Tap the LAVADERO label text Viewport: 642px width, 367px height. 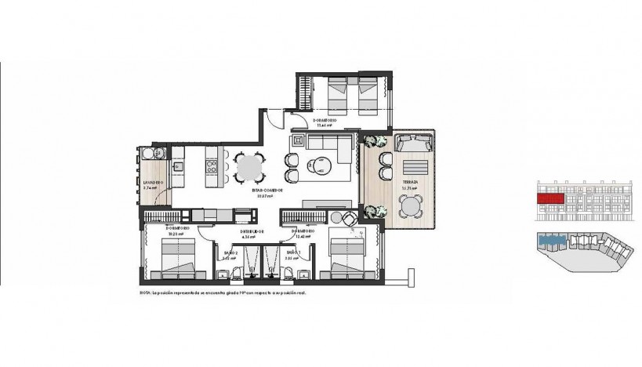(154, 183)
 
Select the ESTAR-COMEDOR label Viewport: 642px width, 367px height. (267, 191)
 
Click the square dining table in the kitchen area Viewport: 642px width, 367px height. (248, 166)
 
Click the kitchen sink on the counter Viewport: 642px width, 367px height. (178, 165)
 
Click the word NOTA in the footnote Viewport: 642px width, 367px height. (145, 293)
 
